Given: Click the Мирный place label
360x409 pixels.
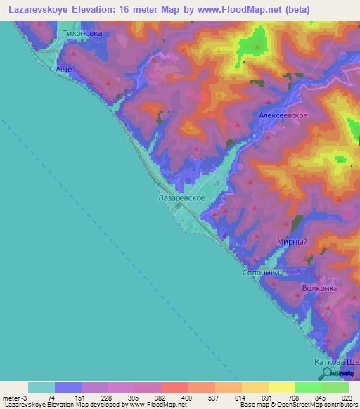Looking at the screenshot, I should [x=292, y=242].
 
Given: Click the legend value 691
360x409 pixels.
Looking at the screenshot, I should [x=266, y=397].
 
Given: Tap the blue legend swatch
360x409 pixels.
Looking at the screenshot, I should [x=68, y=387].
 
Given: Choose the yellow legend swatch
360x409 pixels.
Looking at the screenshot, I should [x=281, y=387].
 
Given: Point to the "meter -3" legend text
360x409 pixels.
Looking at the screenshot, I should [x=14, y=397].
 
